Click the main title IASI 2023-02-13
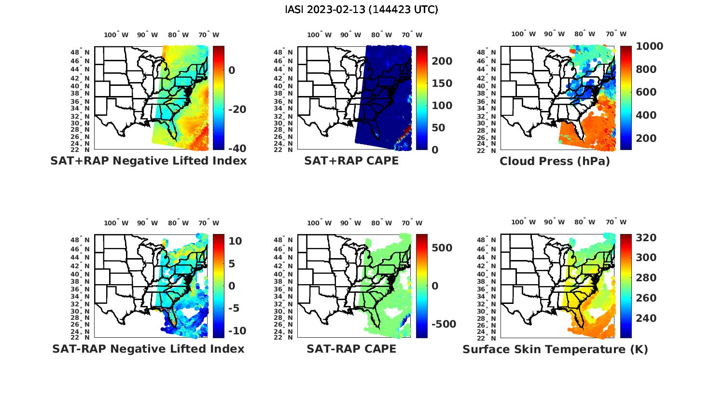[x=362, y=10]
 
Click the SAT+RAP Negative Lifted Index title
[x=148, y=161]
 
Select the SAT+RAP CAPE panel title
[x=351, y=161]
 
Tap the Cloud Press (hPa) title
[x=555, y=161]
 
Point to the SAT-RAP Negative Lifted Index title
[x=148, y=349]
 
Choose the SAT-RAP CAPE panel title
[x=351, y=349]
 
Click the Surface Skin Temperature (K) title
[x=555, y=349]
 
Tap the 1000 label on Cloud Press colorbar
[x=649, y=46]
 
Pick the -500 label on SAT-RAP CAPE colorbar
[x=443, y=324]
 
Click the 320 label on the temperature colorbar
[x=646, y=238]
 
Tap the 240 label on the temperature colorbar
[x=646, y=318]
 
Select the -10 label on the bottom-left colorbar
[x=237, y=331]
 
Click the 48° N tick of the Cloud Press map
[x=490, y=52]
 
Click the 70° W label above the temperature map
[x=616, y=222]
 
